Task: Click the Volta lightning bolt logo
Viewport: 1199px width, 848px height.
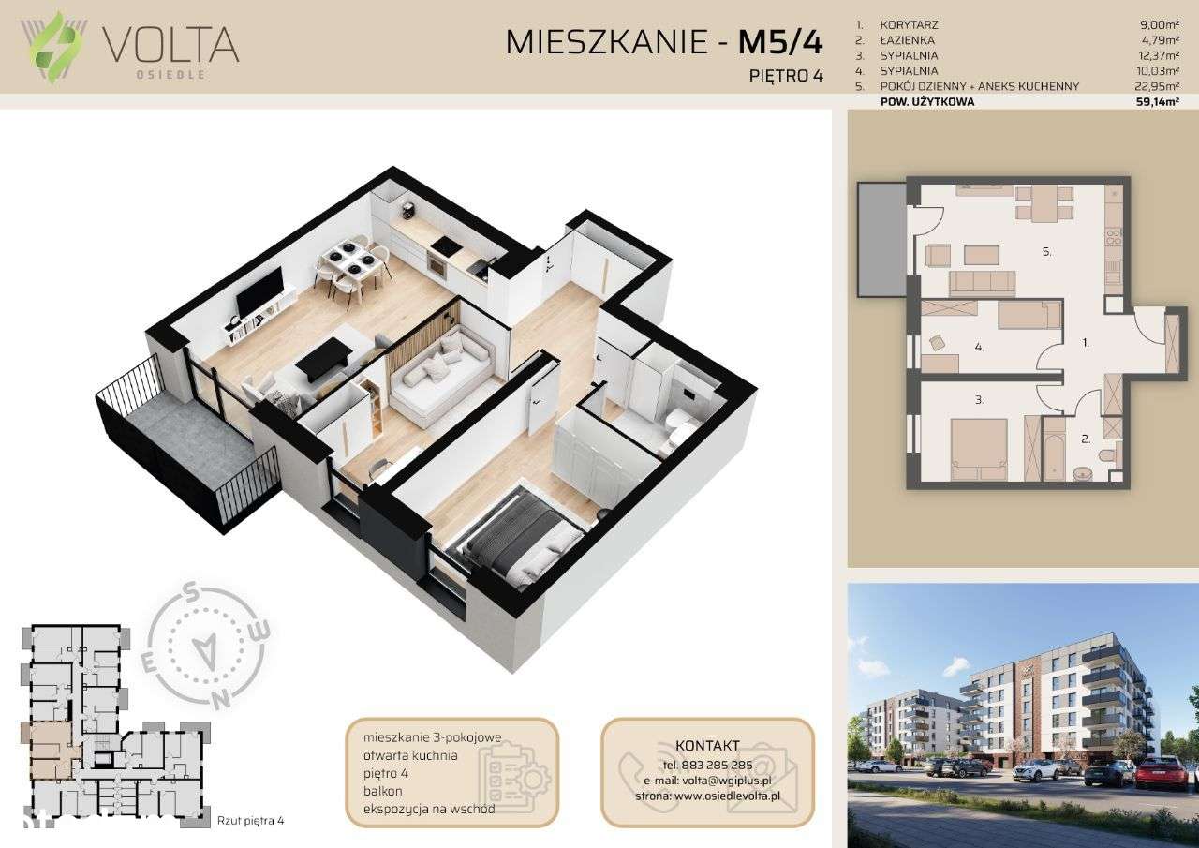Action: tap(59, 47)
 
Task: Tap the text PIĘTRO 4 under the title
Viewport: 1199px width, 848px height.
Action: tap(788, 77)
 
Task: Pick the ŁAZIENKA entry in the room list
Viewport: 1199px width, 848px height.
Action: tap(908, 40)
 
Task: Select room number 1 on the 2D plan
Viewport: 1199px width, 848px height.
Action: tap(1086, 343)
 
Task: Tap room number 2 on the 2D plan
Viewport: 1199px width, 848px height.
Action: tap(1086, 438)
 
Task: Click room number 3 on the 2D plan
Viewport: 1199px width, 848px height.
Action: tap(978, 400)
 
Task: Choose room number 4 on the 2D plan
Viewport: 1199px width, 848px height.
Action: tap(978, 347)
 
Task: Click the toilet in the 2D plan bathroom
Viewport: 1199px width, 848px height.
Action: tap(1107, 455)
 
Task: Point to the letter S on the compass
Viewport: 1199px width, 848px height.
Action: tap(189, 592)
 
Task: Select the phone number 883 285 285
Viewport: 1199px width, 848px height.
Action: tap(706, 764)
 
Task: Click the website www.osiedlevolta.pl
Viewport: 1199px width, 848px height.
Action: tap(728, 796)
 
